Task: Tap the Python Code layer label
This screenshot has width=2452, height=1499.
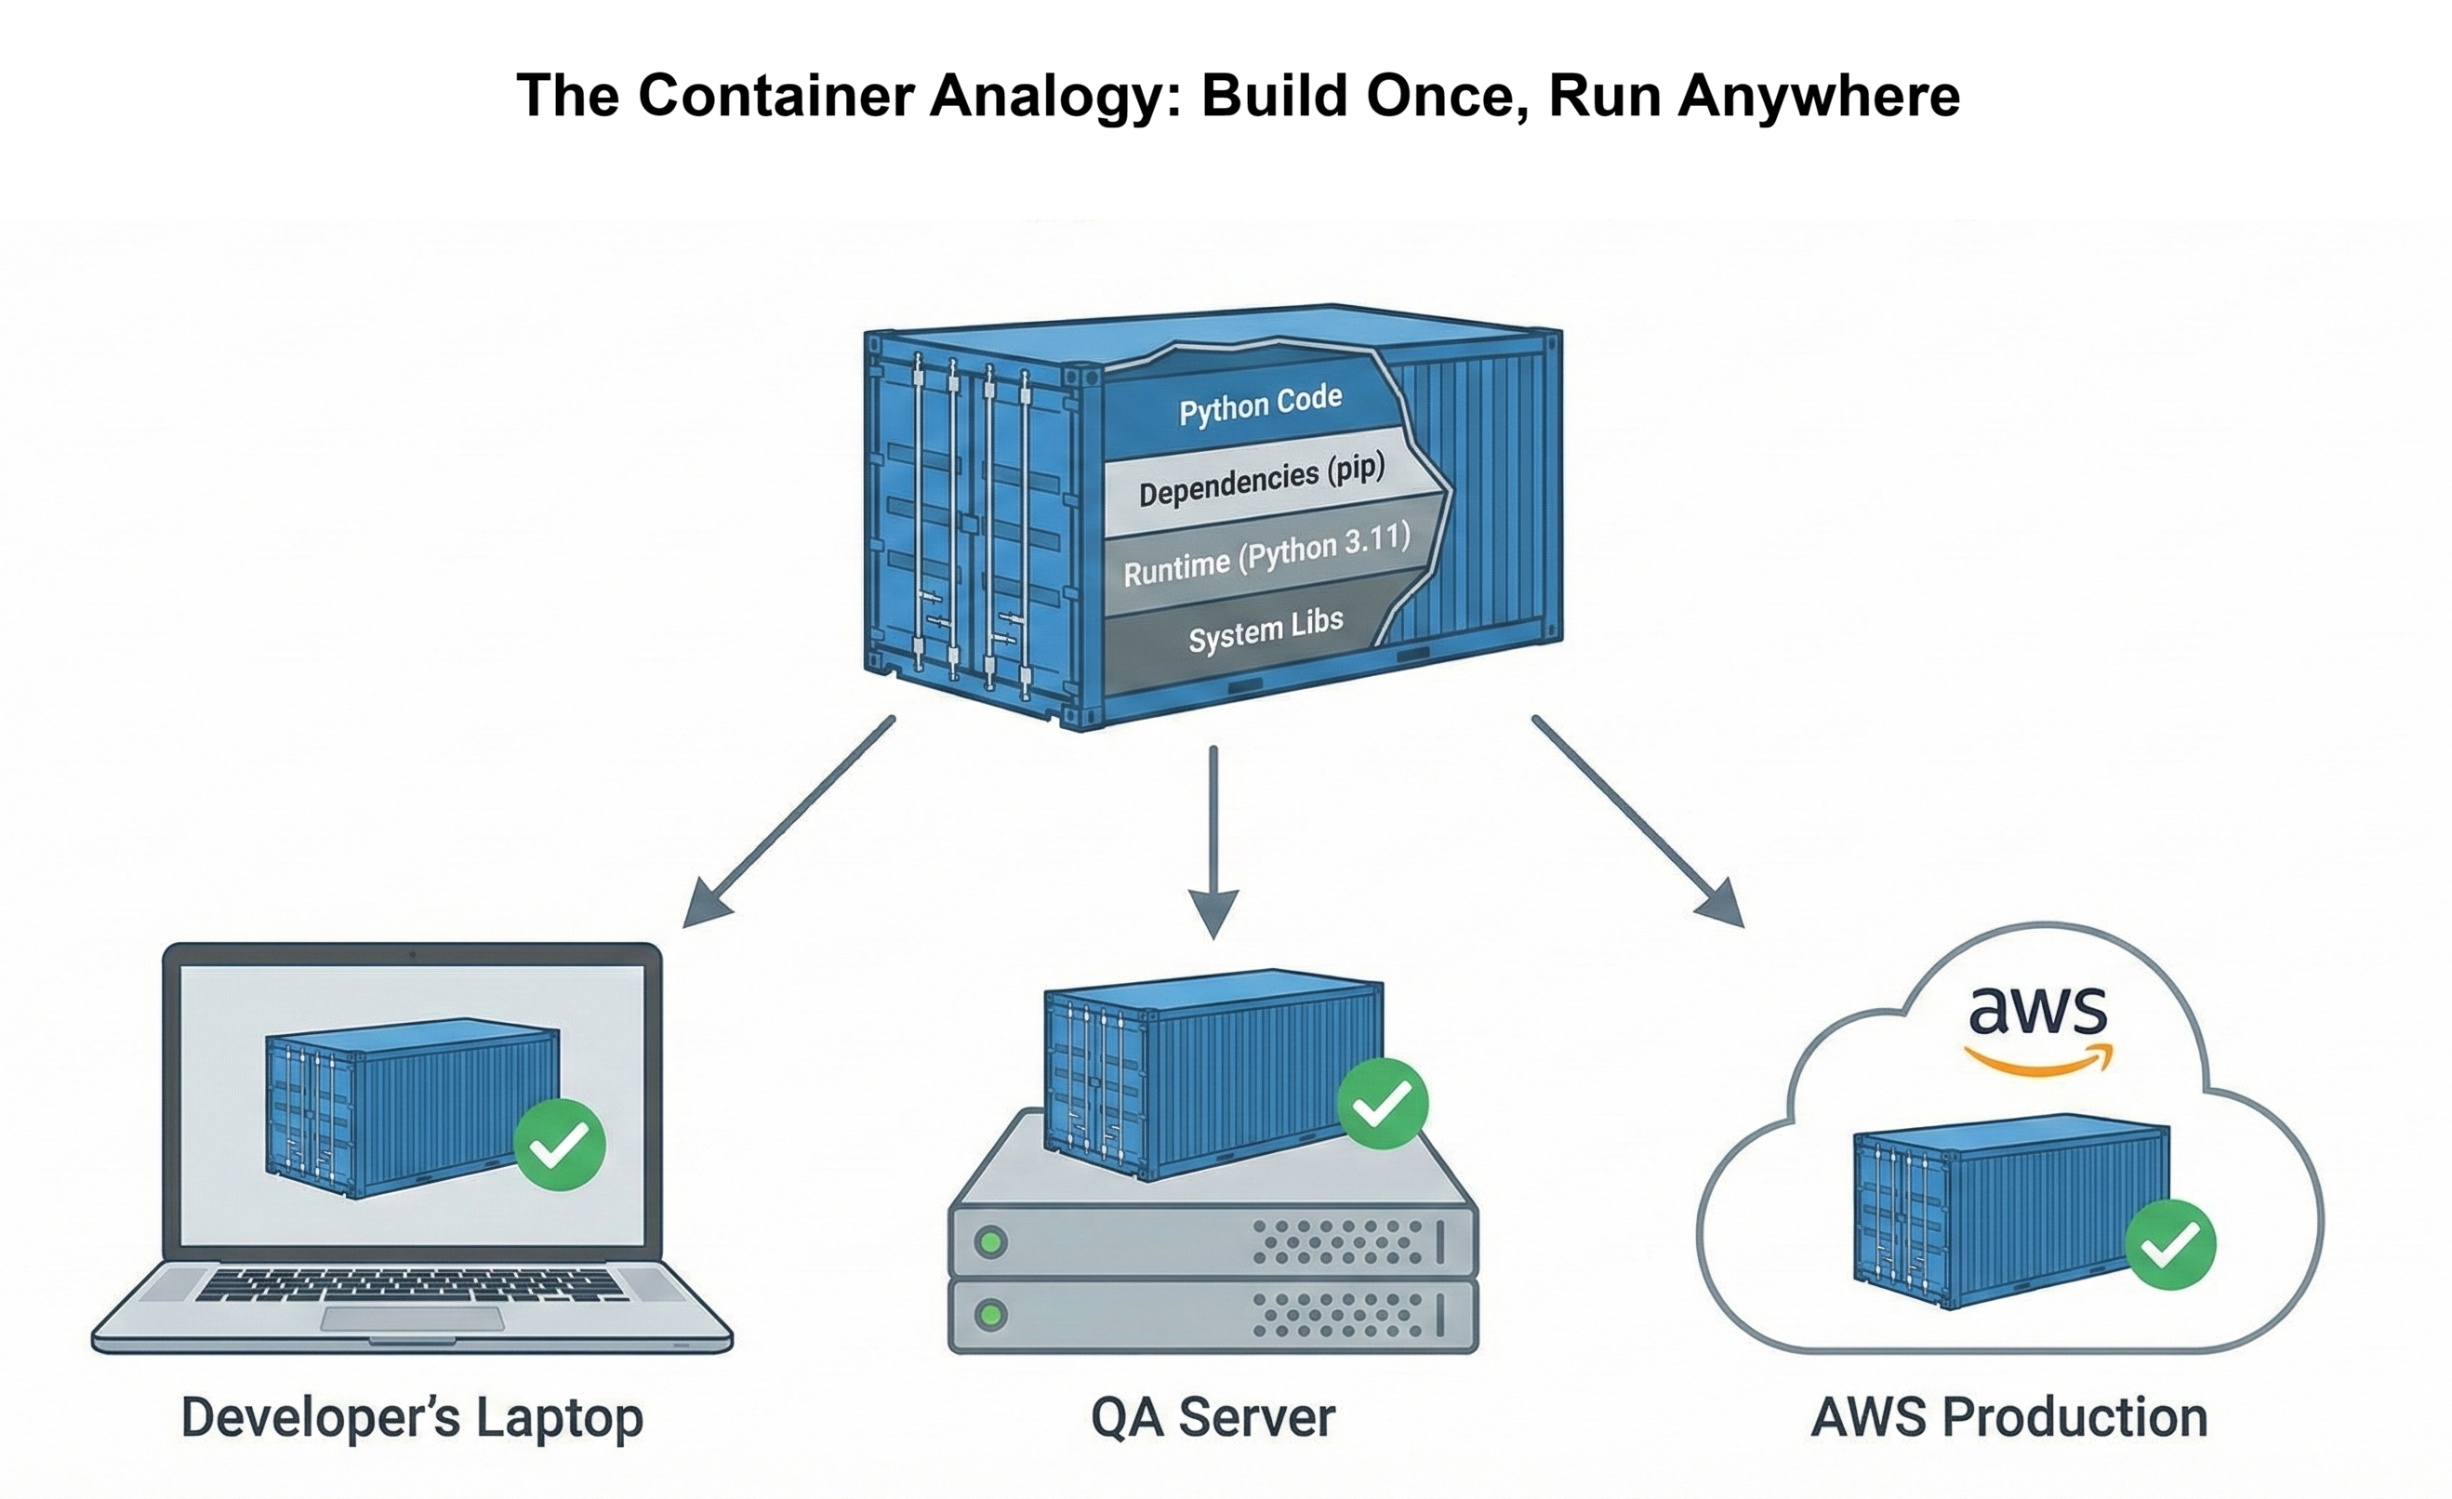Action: (1260, 405)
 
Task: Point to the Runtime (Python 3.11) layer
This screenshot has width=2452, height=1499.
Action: (1266, 555)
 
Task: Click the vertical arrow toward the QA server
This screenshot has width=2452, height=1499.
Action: (1213, 841)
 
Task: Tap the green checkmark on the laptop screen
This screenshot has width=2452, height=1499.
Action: (559, 1145)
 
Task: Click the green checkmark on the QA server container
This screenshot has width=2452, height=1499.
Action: (1383, 1104)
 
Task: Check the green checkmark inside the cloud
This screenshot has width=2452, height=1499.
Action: (2170, 1244)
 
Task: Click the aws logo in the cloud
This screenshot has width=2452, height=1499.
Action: (2038, 1029)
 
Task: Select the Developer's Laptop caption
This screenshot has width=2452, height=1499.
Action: (412, 1417)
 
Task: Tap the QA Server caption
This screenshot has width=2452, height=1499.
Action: (1213, 1417)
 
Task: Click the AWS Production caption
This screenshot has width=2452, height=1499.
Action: (2009, 1417)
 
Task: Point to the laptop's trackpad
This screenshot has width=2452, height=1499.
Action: (412, 1319)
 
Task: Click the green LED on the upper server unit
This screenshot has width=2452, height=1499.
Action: (991, 1242)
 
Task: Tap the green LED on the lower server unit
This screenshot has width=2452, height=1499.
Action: (991, 1315)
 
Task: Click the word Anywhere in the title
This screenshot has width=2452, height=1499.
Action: (1819, 97)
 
